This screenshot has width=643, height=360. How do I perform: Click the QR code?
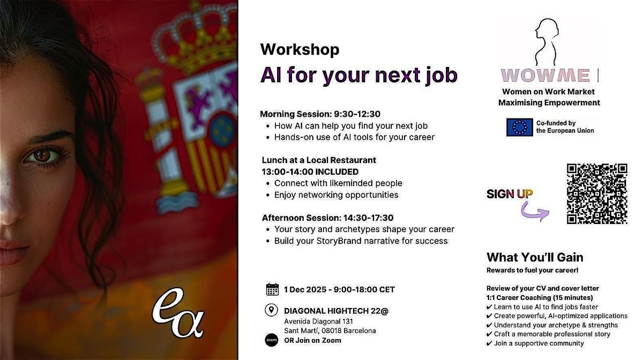(x=597, y=193)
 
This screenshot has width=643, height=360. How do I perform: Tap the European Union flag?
(x=519, y=127)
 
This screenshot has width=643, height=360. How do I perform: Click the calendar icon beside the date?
(x=272, y=289)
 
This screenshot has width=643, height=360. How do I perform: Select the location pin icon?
(x=272, y=310)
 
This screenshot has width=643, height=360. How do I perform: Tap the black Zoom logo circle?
(x=272, y=340)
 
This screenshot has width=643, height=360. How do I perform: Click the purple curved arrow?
(x=535, y=213)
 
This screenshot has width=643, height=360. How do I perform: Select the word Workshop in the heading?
(x=300, y=49)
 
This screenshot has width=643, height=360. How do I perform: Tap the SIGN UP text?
(x=510, y=194)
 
